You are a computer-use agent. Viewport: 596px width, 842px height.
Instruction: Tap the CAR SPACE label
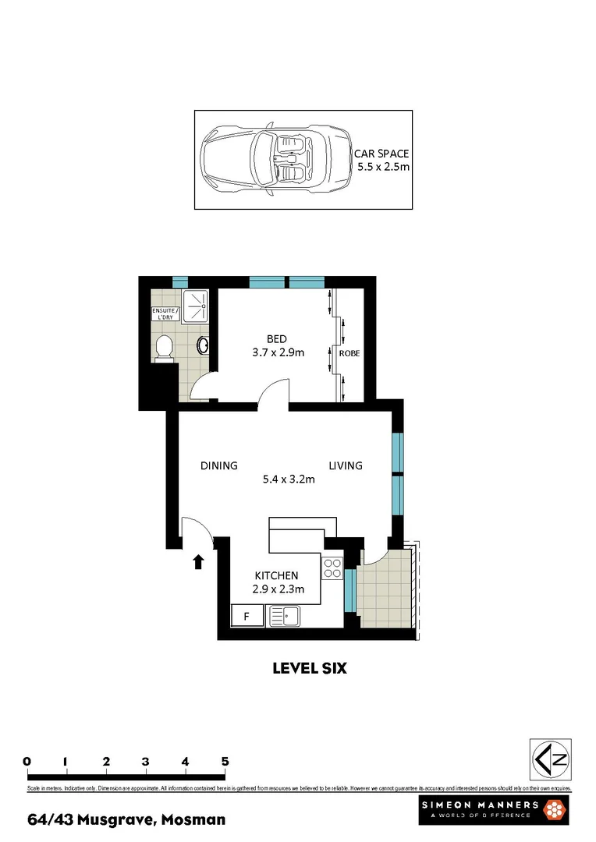[381, 154]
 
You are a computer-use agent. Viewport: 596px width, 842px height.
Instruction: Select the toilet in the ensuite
[165, 348]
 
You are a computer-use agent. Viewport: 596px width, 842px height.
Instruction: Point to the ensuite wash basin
[204, 345]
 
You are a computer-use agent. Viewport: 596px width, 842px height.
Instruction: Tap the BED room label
[277, 338]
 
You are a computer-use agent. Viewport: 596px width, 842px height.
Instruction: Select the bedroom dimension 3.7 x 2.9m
[277, 352]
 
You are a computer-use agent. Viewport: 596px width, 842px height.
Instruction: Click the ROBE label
[349, 353]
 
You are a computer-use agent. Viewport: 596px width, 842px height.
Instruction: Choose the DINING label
[218, 465]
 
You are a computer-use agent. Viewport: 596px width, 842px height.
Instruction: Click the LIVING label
[345, 465]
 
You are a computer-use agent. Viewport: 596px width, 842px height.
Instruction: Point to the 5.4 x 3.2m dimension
[289, 479]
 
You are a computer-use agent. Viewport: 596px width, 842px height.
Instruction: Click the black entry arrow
[198, 561]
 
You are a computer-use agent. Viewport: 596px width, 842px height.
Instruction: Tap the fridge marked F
[247, 617]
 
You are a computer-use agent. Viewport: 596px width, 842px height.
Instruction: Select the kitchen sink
[289, 617]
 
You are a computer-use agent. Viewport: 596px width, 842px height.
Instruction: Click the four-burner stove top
[332, 568]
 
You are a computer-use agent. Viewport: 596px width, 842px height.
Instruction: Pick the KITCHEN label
[275, 575]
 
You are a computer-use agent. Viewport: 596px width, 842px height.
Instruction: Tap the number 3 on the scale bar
[146, 761]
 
